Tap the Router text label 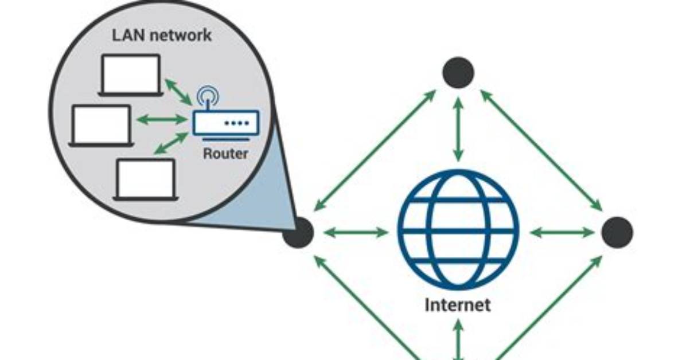pos(226,154)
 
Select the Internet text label pos(458,304)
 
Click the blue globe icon pos(458,230)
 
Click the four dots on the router pos(237,123)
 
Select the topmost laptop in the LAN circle pos(130,75)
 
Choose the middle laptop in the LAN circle pos(101,126)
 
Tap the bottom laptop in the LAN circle pos(146,179)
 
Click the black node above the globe pos(458,72)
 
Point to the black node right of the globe pos(617,232)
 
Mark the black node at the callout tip pos(298,232)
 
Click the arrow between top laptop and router pos(178,92)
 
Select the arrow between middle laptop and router pos(162,119)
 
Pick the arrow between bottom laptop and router pos(171,143)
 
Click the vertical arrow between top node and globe pos(458,129)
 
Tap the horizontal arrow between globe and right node pos(562,232)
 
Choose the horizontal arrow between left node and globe pos(356,232)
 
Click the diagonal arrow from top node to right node pos(541,150)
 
